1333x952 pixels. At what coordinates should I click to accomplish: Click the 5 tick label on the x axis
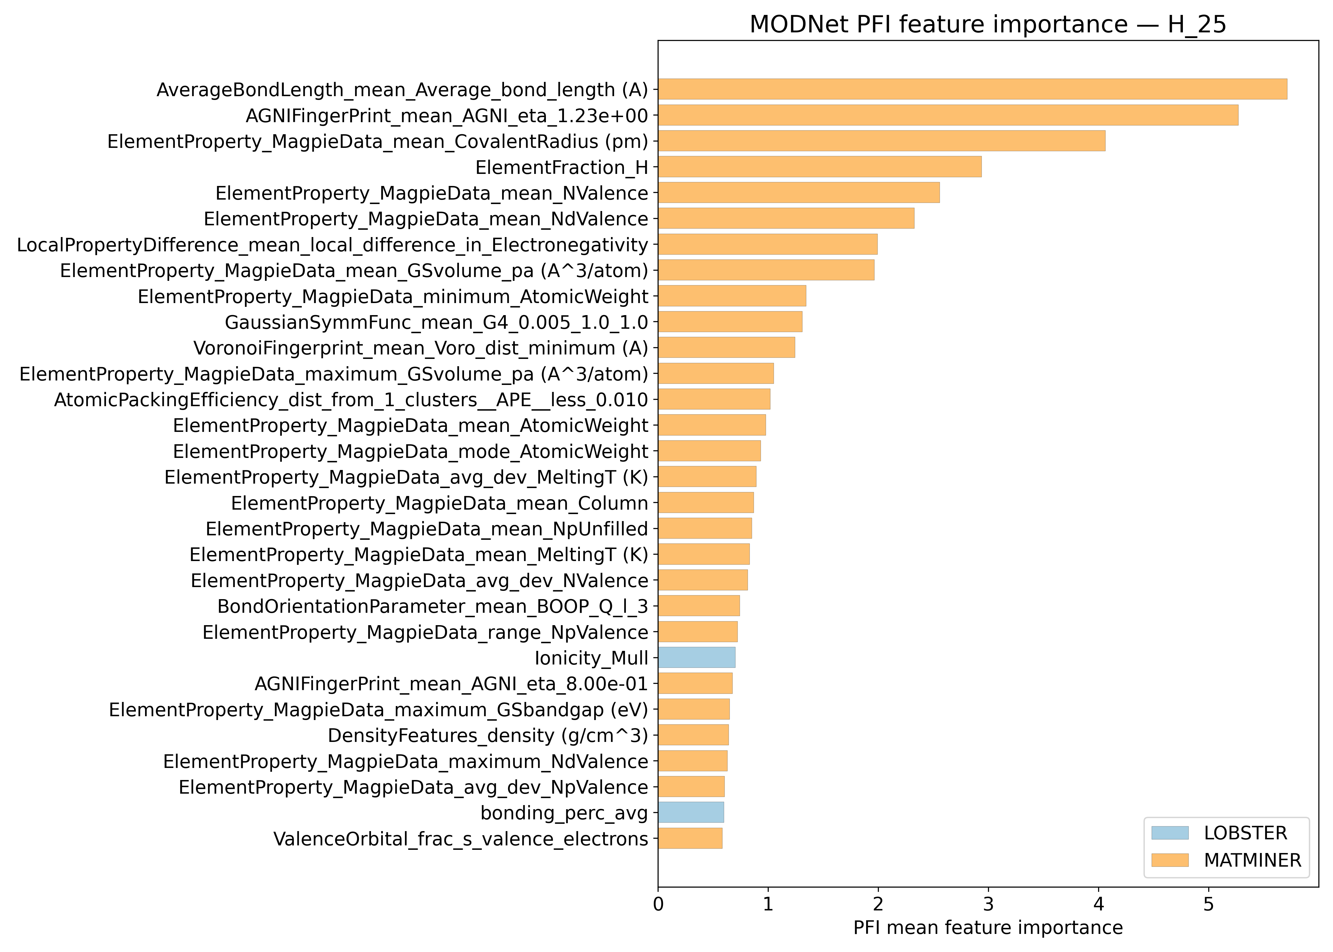(1208, 904)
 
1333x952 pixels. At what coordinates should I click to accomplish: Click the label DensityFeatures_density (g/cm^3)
(488, 735)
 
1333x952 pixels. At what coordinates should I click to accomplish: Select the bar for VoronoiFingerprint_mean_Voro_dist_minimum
(726, 347)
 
